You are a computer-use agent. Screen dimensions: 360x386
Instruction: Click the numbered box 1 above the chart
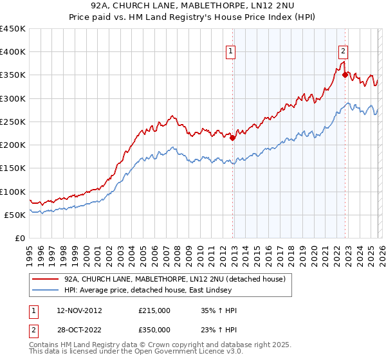click(230, 53)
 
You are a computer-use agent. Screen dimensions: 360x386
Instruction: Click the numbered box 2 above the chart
click(344, 53)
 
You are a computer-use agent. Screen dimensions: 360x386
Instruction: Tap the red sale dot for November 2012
click(233, 137)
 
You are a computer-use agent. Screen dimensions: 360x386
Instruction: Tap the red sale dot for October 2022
click(345, 75)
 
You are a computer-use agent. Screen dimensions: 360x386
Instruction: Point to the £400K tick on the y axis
click(14, 52)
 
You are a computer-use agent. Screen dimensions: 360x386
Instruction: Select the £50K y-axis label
click(17, 215)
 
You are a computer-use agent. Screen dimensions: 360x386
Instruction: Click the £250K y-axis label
click(14, 122)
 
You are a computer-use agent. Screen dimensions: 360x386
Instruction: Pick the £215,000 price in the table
click(154, 310)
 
